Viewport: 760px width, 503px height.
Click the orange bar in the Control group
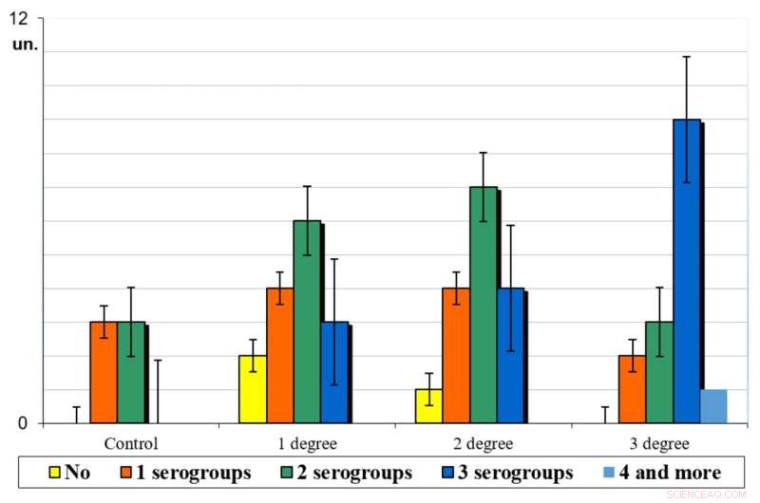(104, 372)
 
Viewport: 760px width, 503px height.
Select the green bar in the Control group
(131, 372)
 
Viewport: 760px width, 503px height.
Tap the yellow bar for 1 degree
(252, 389)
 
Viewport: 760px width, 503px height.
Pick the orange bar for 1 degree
(279, 355)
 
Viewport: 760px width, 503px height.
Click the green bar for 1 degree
(307, 322)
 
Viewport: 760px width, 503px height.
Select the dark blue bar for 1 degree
(333, 372)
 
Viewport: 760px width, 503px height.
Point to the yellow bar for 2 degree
(428, 405)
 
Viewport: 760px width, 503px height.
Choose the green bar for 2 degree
(483, 305)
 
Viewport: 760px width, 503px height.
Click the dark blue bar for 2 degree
(510, 355)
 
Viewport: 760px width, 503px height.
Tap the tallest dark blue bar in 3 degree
(687, 270)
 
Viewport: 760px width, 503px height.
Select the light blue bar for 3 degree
(713, 406)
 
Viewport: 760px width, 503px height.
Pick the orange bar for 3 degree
(632, 389)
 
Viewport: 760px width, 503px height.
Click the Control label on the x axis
(131, 443)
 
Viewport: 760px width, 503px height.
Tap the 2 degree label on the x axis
(483, 443)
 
